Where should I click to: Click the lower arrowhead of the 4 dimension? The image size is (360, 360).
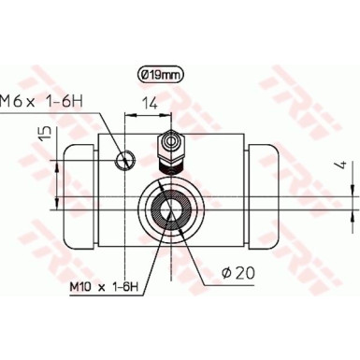coord(353,211)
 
